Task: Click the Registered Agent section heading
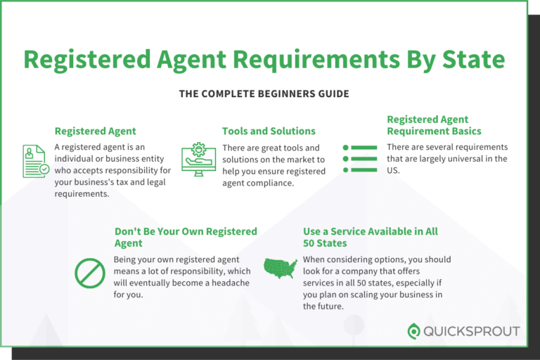[x=95, y=131]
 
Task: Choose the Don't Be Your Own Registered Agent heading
[x=186, y=238]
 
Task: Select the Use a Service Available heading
[x=371, y=238]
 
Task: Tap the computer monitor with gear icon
[x=198, y=160]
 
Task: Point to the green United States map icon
[x=280, y=268]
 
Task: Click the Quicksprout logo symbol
[x=415, y=331]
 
